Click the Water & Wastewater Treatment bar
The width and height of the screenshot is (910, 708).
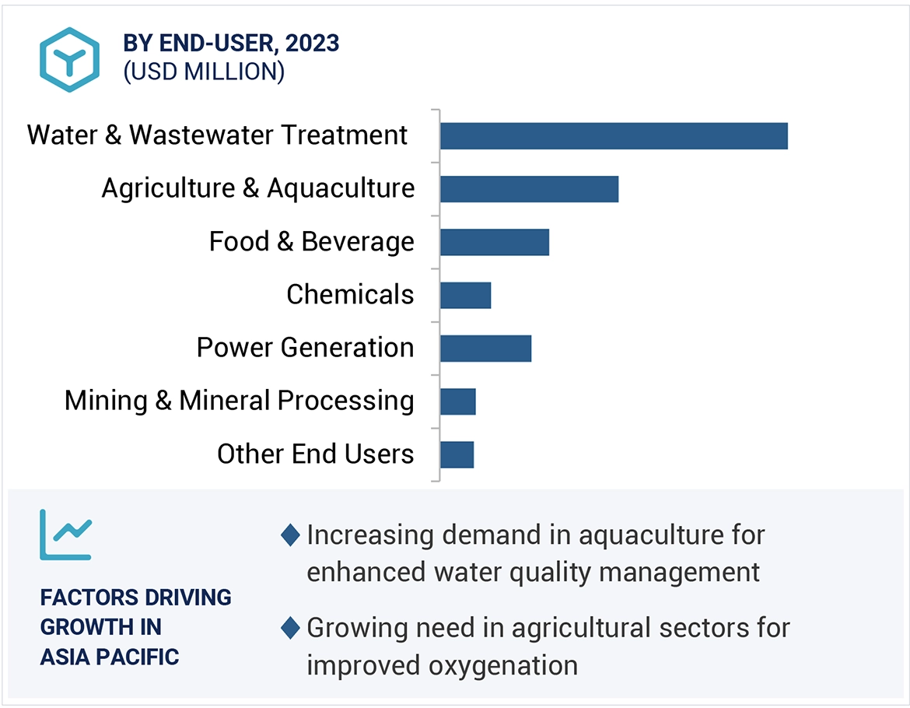614,136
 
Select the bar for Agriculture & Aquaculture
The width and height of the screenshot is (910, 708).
529,189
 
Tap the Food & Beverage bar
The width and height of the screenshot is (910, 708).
495,242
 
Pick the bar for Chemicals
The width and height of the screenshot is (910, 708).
465,295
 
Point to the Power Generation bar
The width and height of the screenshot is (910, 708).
485,348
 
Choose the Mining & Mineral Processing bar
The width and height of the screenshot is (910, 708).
457,401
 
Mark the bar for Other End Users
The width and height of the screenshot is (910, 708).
457,454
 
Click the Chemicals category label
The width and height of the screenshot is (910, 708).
350,295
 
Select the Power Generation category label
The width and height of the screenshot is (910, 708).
305,348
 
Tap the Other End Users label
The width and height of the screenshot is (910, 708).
315,454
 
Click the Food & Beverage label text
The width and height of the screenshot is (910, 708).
311,242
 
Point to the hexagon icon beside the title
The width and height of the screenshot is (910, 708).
71,60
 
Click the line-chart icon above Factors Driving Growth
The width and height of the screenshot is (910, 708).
65,535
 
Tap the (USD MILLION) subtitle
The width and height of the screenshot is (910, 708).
204,72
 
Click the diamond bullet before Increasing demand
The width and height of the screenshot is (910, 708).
290,535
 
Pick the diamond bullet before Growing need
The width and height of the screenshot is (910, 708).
290,628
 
